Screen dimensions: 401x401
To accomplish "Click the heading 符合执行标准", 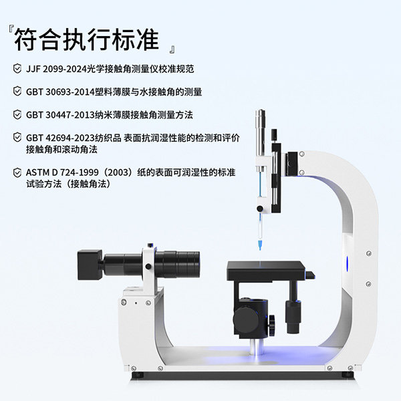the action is click(x=86, y=40).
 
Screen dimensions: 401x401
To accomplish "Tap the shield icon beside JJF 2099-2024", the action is click(x=17, y=69).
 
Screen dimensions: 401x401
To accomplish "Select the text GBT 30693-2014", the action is click(x=60, y=92).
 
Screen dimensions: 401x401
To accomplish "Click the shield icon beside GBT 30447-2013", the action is click(x=17, y=114).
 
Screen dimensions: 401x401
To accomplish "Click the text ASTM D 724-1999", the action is click(x=62, y=172).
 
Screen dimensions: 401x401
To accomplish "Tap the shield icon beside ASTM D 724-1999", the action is click(x=17, y=172).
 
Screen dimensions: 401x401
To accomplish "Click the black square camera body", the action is click(x=90, y=265).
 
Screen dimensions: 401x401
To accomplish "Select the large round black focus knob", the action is click(x=245, y=319).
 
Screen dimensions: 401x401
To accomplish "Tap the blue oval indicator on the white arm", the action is click(x=348, y=264).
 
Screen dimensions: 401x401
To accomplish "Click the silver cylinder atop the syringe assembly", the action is click(x=261, y=133).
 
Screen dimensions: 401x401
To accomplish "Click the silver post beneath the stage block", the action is click(x=256, y=347).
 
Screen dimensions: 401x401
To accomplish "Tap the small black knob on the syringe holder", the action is click(x=260, y=209).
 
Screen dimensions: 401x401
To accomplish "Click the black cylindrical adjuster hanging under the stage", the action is click(x=293, y=317).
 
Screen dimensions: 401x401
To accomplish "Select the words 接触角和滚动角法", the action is click(x=61, y=150).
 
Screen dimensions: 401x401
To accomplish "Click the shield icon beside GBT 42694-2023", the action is click(x=17, y=137).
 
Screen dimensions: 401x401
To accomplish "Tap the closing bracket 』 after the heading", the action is click(x=172, y=49).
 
